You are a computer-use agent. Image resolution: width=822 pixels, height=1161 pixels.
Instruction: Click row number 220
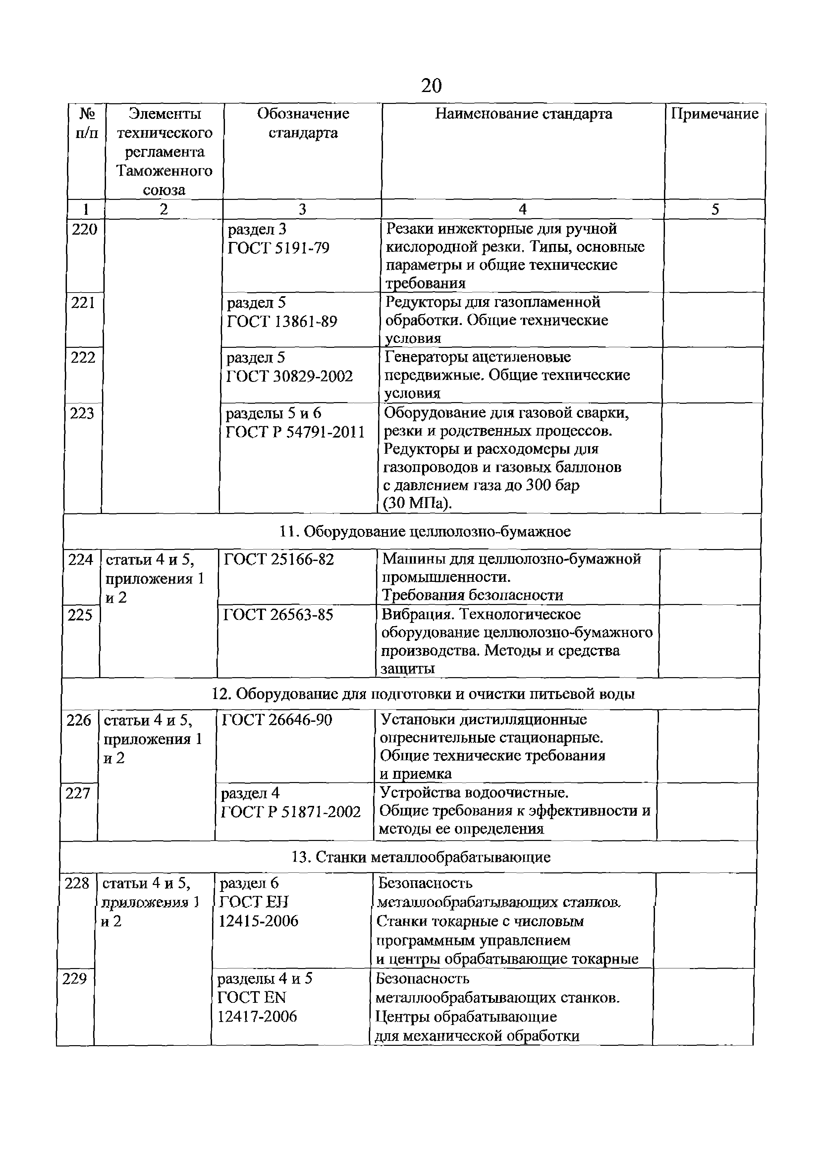pyautogui.click(x=84, y=230)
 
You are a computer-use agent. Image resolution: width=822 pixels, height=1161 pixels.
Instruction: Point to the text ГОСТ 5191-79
pyautogui.click(x=278, y=248)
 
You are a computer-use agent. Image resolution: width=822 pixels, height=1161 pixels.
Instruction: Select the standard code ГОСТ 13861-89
pyautogui.click(x=282, y=322)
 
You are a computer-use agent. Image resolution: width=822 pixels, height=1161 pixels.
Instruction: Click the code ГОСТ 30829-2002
pyautogui.click(x=289, y=376)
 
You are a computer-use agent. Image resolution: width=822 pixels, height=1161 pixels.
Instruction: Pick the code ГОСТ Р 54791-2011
pyautogui.click(x=295, y=432)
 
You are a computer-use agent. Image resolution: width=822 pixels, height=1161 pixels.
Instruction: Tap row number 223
pyautogui.click(x=82, y=414)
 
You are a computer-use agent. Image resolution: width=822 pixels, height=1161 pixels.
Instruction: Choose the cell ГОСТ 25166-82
pyautogui.click(x=279, y=559)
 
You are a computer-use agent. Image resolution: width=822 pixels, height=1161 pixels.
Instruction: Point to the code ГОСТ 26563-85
pyautogui.click(x=278, y=615)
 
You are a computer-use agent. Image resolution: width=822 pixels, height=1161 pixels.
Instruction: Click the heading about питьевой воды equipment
pyautogui.click(x=423, y=694)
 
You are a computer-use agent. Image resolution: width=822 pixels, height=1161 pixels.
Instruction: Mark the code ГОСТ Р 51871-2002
pyautogui.click(x=291, y=812)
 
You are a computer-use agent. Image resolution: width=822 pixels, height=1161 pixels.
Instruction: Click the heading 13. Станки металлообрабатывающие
pyautogui.click(x=421, y=857)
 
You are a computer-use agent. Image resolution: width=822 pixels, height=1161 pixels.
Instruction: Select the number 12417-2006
pyautogui.click(x=257, y=1016)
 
